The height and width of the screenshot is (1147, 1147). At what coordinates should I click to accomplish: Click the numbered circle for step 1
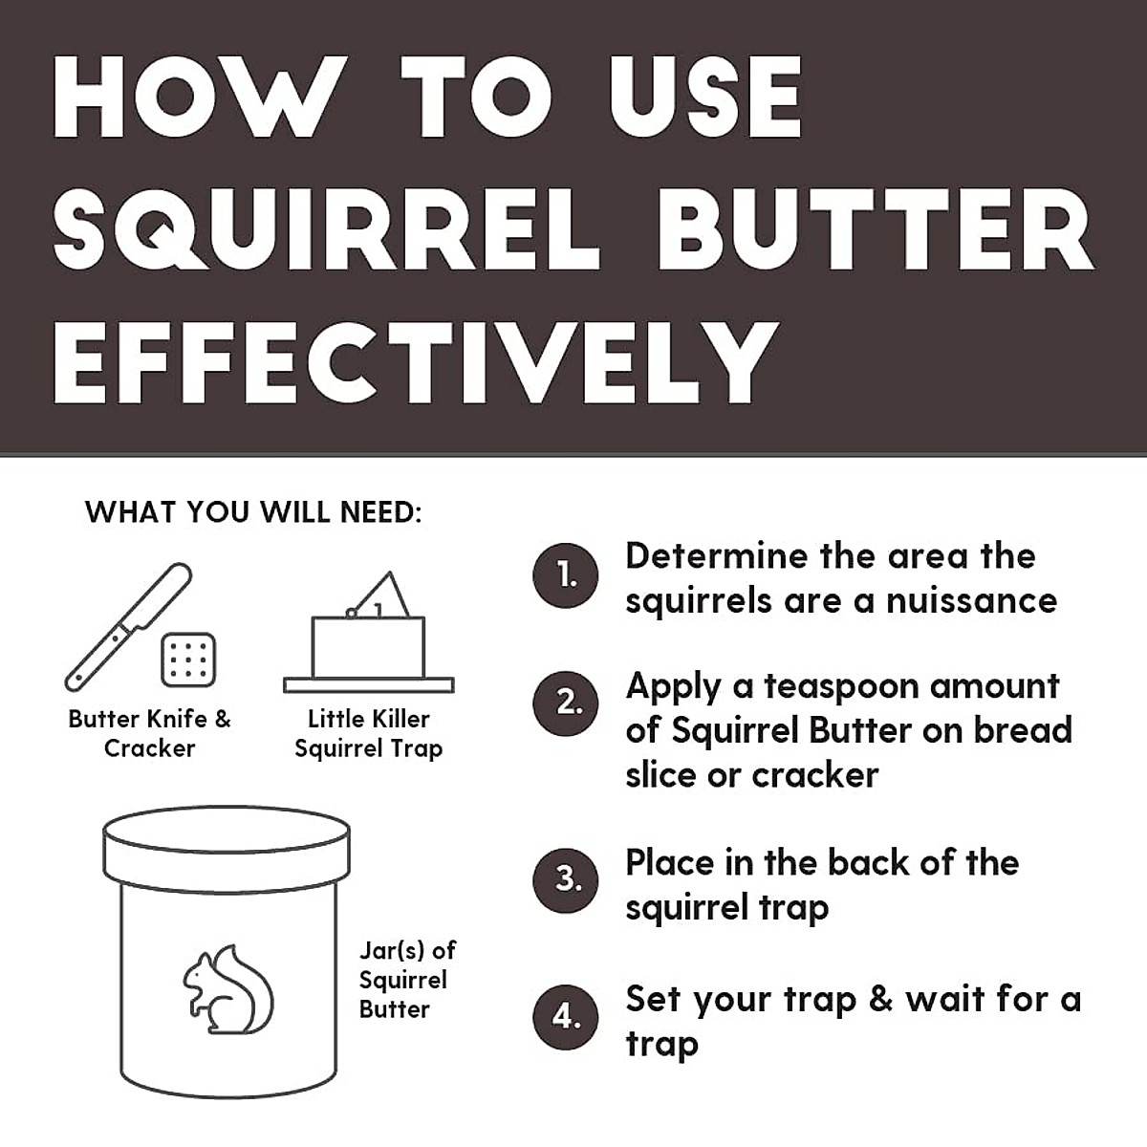[567, 576]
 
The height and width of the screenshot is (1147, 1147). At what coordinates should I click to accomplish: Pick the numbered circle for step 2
[567, 703]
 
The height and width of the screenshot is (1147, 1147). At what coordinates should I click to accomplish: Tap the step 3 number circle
[567, 878]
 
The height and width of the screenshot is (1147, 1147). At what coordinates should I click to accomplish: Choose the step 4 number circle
[567, 1017]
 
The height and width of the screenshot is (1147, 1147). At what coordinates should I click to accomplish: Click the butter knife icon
[126, 627]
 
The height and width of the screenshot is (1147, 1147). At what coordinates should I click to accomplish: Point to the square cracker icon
[188, 660]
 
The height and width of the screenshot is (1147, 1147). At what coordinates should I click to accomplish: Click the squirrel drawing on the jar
[227, 990]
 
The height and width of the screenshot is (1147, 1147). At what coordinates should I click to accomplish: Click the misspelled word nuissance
[971, 601]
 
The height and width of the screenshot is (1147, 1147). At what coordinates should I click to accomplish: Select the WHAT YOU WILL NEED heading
[253, 512]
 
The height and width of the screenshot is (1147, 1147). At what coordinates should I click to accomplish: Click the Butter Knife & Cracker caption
[150, 733]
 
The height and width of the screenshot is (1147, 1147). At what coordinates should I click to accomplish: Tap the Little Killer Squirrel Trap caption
[369, 733]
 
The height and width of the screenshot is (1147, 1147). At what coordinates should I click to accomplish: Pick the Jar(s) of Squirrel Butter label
[407, 980]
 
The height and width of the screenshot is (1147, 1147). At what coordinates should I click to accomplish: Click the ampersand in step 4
[880, 1000]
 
